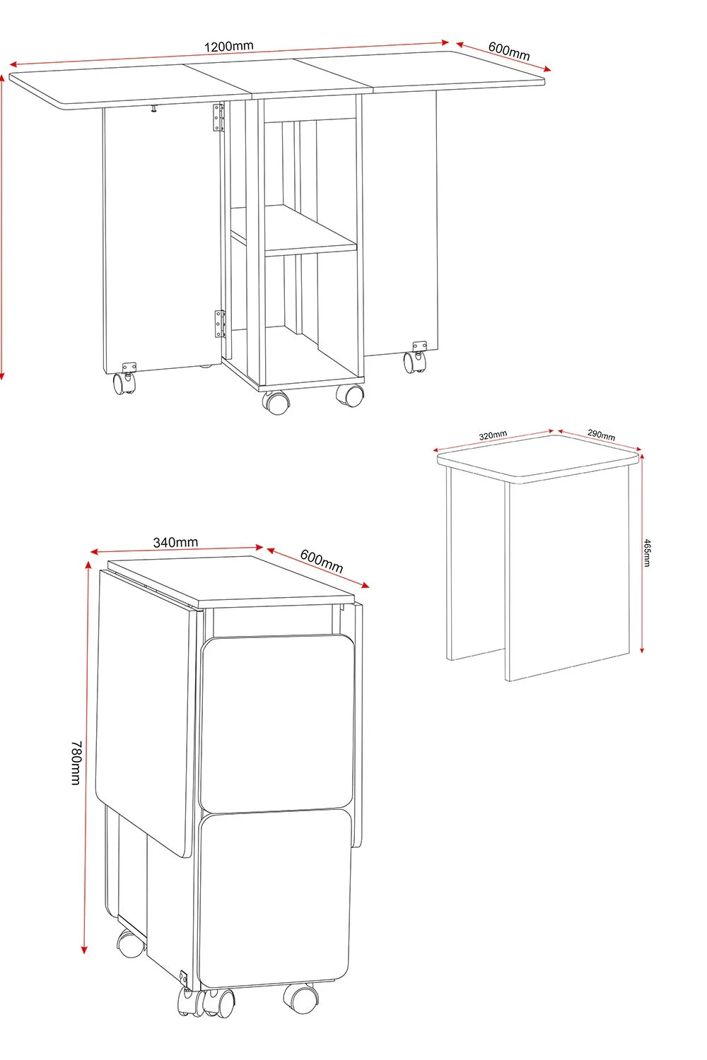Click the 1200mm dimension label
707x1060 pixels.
pyautogui.click(x=229, y=47)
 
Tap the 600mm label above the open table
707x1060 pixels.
pyautogui.click(x=509, y=51)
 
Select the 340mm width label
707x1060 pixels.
pyautogui.click(x=175, y=542)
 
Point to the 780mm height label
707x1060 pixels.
pyautogui.click(x=76, y=762)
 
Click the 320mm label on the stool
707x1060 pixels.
pyautogui.click(x=493, y=435)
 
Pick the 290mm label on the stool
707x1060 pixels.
pyautogui.click(x=601, y=435)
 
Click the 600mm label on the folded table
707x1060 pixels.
pyautogui.click(x=322, y=562)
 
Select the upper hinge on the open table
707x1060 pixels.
pyautogui.click(x=218, y=117)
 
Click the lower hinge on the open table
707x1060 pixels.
pyautogui.click(x=220, y=324)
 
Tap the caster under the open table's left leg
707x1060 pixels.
pyautogui.click(x=124, y=379)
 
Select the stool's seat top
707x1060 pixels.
pyautogui.click(x=538, y=458)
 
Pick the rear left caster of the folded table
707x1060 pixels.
pyautogui.click(x=131, y=943)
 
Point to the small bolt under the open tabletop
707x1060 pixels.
pyautogui.click(x=154, y=110)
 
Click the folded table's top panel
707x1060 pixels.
pyautogui.click(x=232, y=581)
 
